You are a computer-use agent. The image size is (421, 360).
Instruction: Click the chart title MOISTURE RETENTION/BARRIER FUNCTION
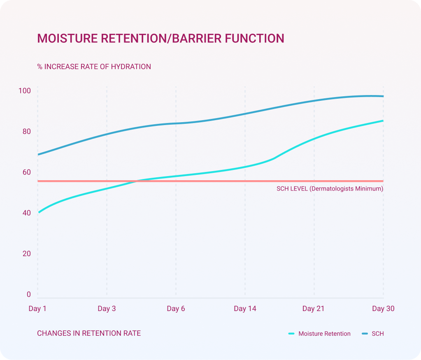point(160,38)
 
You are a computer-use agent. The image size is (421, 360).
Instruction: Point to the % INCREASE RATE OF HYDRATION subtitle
point(94,67)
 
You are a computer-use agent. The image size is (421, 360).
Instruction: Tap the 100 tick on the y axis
point(25,91)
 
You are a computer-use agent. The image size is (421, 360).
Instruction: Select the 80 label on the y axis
point(26,132)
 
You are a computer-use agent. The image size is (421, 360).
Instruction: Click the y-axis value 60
point(26,172)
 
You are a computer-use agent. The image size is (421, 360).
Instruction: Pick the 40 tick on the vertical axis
point(26,213)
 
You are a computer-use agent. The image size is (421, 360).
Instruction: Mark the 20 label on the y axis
point(26,253)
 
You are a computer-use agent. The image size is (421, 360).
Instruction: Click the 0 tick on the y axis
point(29,294)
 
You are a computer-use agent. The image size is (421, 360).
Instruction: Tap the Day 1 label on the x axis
point(37,309)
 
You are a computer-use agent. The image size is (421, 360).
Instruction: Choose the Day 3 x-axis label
point(107,309)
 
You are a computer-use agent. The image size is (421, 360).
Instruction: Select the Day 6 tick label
point(176,309)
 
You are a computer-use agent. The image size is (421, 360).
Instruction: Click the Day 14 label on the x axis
point(245,309)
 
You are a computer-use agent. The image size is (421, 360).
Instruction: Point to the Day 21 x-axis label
point(314,309)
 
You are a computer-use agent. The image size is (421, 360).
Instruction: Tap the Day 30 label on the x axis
point(383,309)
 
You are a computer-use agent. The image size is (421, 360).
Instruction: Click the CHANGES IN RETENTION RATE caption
point(89,333)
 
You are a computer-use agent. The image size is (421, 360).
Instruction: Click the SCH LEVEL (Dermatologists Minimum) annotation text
point(330,189)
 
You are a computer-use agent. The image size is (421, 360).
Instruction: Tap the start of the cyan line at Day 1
point(38,212)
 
